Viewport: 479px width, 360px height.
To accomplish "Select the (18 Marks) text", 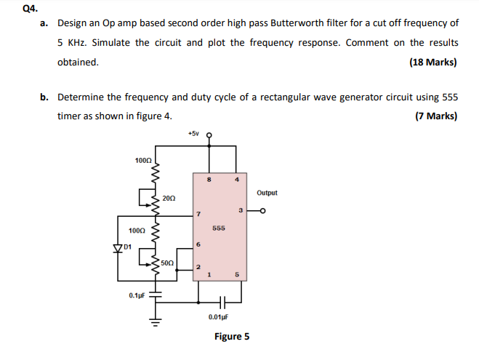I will (433, 62).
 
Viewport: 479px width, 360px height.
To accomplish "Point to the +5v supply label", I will (193, 134).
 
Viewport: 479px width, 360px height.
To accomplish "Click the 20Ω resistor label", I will (168, 198).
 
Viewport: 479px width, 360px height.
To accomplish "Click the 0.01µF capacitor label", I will (217, 317).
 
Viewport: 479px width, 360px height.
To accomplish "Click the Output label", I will (267, 193).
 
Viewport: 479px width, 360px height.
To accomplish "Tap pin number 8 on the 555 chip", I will (210, 179).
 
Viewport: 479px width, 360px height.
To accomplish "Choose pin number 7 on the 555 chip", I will (196, 214).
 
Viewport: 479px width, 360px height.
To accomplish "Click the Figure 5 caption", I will (232, 336).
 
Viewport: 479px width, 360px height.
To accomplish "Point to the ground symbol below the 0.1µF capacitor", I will (153, 317).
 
